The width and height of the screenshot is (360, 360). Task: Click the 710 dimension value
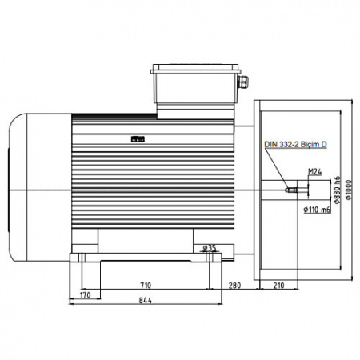146,286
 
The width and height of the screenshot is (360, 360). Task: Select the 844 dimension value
146,301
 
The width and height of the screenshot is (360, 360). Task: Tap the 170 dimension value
86,295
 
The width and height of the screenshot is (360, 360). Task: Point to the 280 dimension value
234,286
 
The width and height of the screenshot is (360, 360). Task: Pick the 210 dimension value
279,286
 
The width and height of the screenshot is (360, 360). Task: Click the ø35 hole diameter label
210,248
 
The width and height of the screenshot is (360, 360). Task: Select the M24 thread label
315,172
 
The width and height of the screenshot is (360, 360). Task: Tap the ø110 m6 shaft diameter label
317,210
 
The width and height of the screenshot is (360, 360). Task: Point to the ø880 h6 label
338,190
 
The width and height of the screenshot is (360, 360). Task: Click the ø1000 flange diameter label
349,190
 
